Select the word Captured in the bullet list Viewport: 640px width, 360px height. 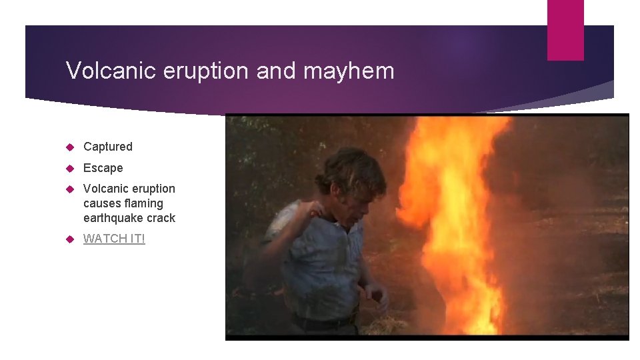tap(108, 147)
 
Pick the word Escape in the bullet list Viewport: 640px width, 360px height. tap(103, 168)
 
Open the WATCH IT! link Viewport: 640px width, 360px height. tap(114, 239)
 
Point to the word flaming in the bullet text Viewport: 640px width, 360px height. tap(145, 203)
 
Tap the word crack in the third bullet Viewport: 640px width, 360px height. tap(162, 218)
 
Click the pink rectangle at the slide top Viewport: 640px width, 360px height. tap(565, 30)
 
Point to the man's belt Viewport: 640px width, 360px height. tap(327, 323)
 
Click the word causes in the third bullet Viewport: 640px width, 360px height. tap(103, 203)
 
